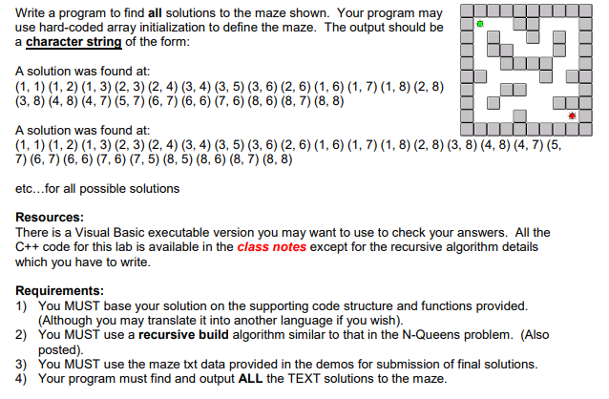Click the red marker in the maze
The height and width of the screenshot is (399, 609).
point(572,115)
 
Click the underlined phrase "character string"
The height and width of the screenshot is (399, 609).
point(72,42)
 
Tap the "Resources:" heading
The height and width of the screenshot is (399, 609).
point(55,217)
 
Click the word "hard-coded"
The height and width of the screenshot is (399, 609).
point(70,27)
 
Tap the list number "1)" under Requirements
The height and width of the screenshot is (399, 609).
point(22,305)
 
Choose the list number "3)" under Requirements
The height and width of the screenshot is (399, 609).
point(22,364)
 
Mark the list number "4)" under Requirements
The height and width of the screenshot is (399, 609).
point(22,378)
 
